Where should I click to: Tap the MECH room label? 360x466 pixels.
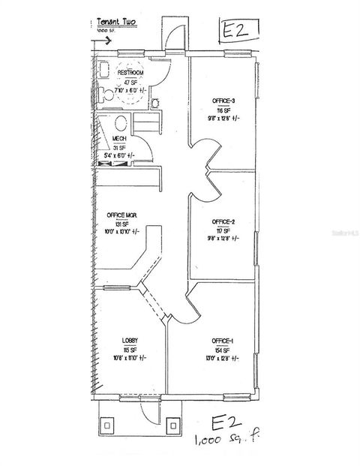118,140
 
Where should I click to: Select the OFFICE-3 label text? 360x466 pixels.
224,101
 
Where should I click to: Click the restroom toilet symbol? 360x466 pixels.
107,95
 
